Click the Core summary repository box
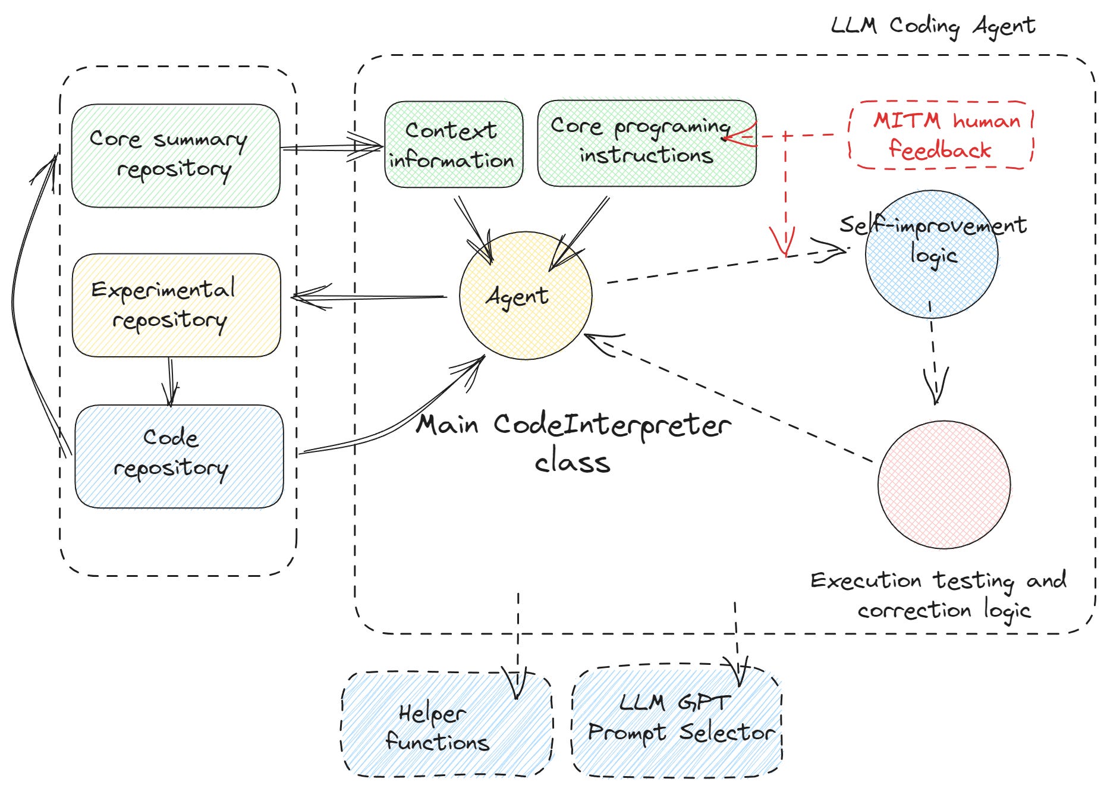175,155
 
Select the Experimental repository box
176,305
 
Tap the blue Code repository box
178,456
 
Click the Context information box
454,145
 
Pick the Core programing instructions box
646,143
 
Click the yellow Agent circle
526,296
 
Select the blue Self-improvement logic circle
931,254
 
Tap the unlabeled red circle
944,484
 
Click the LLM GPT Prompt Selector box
677,720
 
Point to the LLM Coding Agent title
933,26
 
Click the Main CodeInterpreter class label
573,442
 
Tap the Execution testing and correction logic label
939,595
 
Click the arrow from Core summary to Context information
330,147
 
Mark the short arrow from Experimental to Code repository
171,381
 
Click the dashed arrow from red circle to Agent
731,398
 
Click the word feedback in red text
940,150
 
